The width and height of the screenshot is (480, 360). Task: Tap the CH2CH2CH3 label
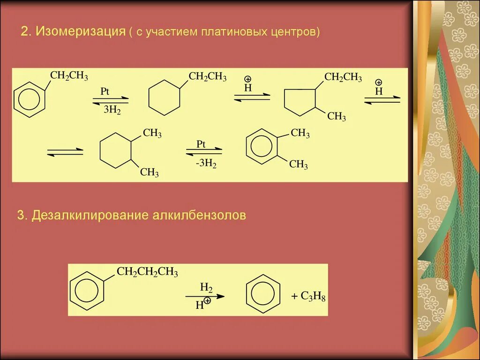coord(147,272)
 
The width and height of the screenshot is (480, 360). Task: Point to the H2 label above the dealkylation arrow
coord(207,287)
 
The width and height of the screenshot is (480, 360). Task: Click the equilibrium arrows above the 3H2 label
coord(111,100)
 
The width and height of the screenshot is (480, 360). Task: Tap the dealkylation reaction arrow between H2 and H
coord(205,296)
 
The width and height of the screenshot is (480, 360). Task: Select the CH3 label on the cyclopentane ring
coord(337,116)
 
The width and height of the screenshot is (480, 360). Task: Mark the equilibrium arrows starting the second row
coord(65,151)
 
